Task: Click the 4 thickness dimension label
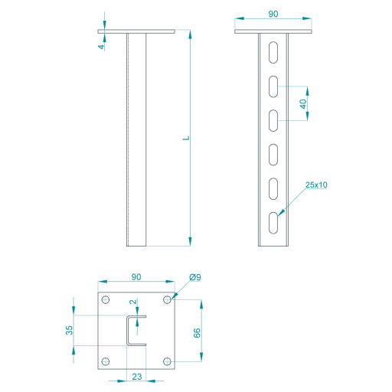tap(102, 47)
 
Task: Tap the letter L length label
tap(186, 138)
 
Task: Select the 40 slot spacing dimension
tap(303, 104)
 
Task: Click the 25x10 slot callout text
tap(316, 185)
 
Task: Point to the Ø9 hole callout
tap(195, 277)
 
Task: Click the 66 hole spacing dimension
tap(197, 333)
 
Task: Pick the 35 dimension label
tap(69, 330)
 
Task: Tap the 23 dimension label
tap(137, 377)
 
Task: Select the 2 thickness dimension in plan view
tap(132, 302)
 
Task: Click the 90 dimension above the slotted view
tap(273, 14)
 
